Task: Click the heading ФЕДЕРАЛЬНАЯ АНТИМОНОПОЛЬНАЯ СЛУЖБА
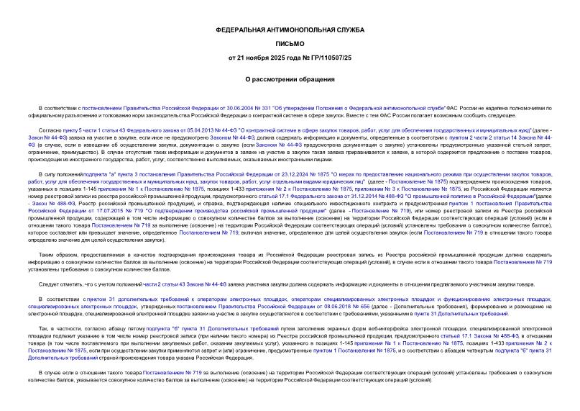pos(290,30)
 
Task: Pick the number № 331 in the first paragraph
pos(232,106)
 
